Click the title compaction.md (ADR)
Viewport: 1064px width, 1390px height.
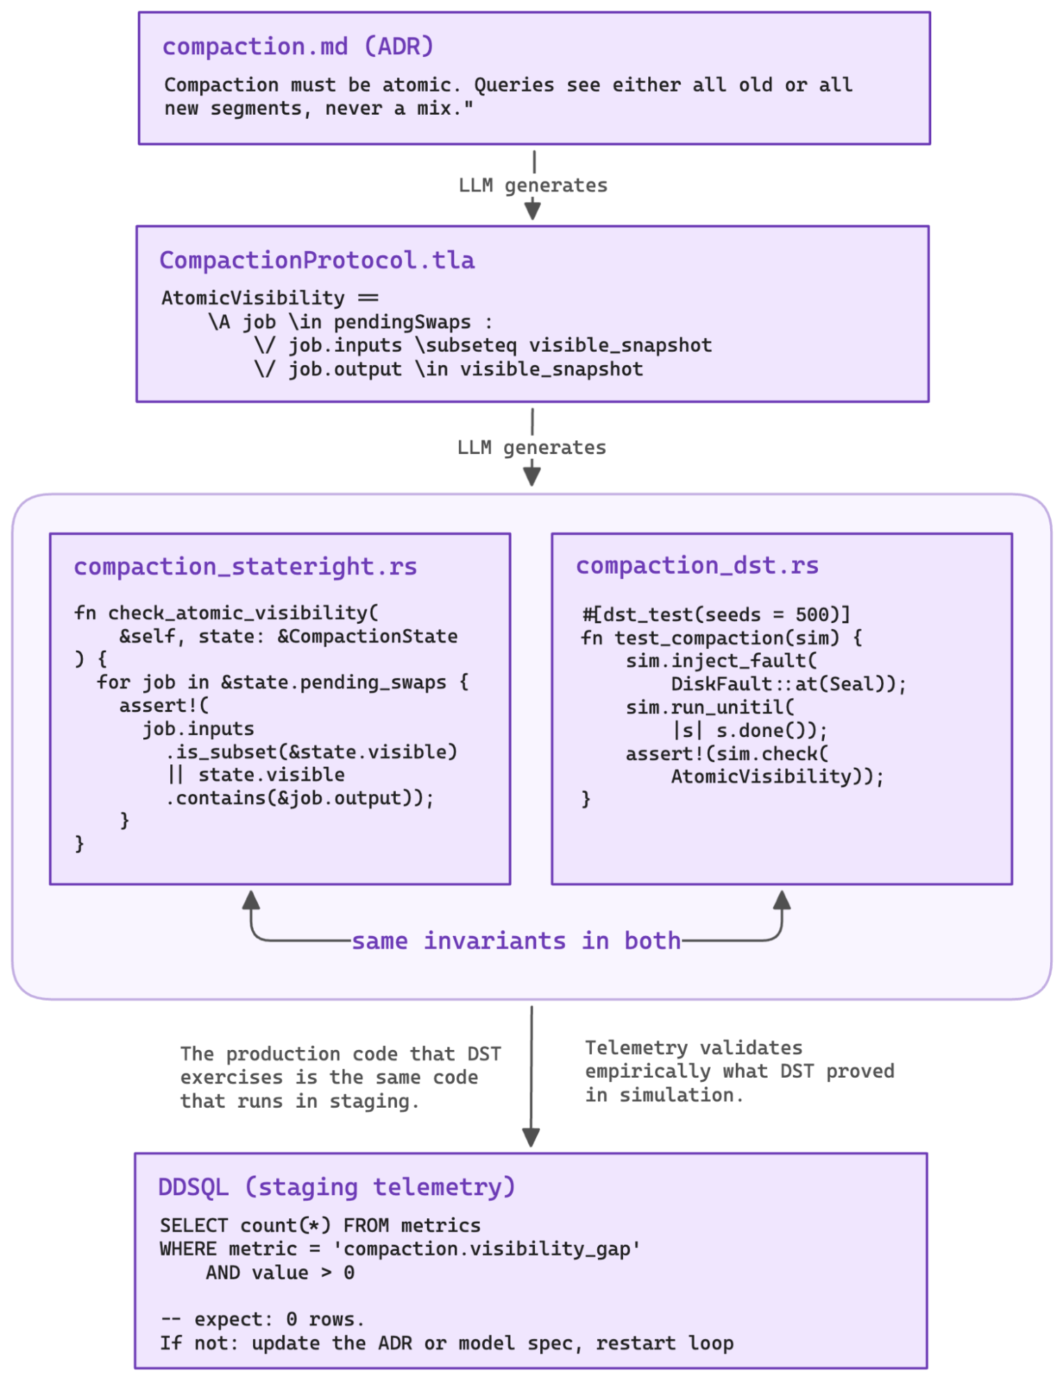(298, 47)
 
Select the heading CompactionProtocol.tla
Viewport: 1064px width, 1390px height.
(316, 260)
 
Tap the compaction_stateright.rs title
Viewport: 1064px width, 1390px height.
(245, 567)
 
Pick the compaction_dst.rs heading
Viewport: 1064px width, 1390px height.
(697, 565)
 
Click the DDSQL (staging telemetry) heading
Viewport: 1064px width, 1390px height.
(337, 1186)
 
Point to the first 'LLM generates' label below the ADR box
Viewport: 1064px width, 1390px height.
(533, 186)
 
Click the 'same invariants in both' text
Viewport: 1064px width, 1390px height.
(516, 941)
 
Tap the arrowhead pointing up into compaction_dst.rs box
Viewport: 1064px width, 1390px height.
(782, 900)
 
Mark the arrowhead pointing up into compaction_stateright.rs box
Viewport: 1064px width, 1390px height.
(251, 900)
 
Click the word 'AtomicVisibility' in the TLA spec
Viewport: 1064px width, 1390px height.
(253, 298)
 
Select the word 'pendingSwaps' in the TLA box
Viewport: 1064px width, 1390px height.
(402, 322)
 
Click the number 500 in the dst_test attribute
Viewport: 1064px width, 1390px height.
(812, 615)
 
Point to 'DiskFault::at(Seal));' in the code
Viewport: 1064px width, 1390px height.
(788, 684)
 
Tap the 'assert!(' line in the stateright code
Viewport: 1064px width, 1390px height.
(163, 706)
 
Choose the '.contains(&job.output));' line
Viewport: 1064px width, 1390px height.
(300, 798)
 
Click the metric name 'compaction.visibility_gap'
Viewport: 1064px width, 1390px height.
(486, 1249)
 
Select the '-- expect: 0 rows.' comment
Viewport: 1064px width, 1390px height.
(262, 1319)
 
